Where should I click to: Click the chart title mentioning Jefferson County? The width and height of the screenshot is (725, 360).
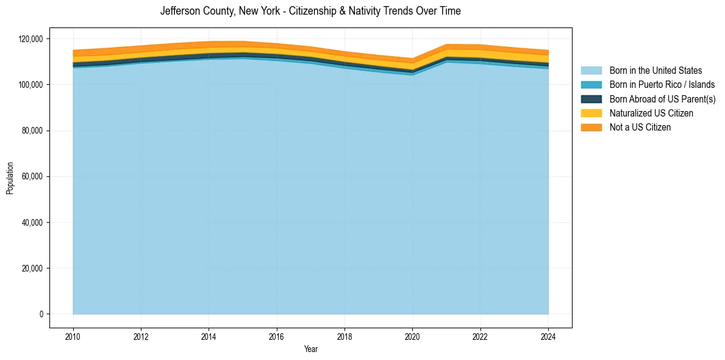click(310, 11)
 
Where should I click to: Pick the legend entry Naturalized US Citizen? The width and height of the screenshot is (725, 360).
click(651, 113)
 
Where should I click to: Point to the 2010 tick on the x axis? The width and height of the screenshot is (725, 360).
click(73, 336)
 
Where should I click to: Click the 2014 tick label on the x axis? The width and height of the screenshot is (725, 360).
click(209, 336)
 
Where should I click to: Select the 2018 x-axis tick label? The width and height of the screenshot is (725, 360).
click(345, 336)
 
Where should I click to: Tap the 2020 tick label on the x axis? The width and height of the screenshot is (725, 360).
click(413, 336)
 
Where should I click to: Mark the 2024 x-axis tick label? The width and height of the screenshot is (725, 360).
click(548, 336)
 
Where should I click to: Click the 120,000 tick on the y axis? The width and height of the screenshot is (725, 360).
click(31, 39)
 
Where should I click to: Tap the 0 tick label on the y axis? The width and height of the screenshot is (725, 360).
click(41, 314)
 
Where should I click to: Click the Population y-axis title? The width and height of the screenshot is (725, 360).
click(10, 178)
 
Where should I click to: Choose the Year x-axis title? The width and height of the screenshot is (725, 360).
click(310, 349)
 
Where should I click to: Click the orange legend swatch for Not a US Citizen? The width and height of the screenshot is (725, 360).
click(591, 127)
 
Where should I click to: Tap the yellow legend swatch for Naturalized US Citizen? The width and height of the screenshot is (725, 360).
click(591, 113)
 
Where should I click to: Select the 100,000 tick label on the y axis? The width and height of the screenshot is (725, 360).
click(31, 85)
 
